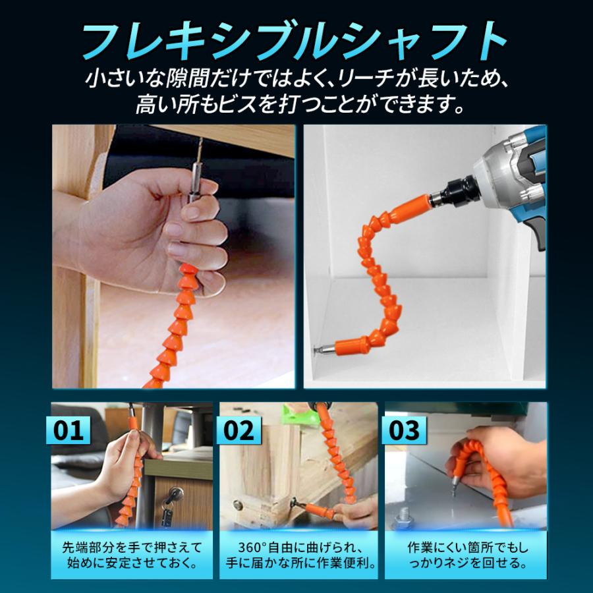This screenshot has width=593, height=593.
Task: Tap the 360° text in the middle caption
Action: point(253,547)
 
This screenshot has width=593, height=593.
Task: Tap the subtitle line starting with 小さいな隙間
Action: point(296,80)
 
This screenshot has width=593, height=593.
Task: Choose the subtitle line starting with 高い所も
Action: point(296,104)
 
